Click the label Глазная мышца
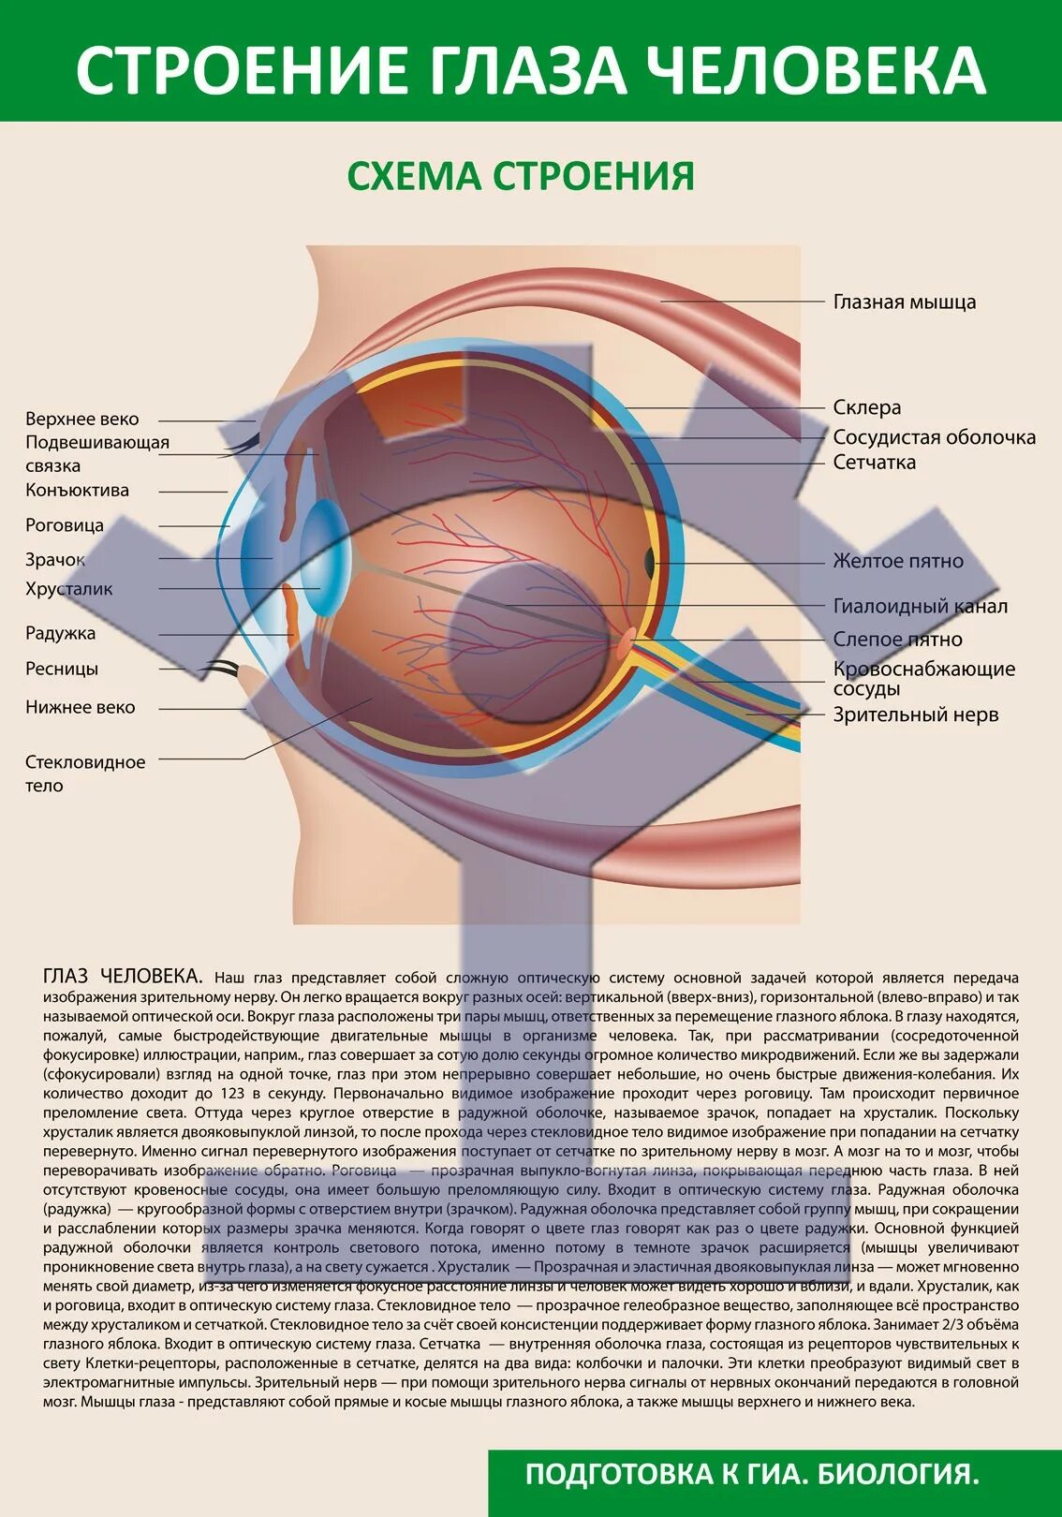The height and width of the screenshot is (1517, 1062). click(904, 302)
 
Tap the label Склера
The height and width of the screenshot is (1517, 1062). click(866, 407)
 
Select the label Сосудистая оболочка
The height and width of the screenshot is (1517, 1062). click(934, 437)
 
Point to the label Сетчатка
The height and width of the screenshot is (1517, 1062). click(874, 462)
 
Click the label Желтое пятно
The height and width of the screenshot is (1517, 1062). click(897, 561)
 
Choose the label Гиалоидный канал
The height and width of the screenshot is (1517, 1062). click(920, 606)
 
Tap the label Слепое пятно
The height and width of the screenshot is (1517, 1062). click(897, 640)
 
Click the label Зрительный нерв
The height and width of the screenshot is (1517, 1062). click(915, 714)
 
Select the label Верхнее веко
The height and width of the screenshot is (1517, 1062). click(81, 419)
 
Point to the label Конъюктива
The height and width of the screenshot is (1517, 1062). click(77, 490)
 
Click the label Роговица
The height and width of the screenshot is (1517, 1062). click(64, 525)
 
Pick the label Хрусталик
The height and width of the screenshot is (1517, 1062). click(68, 589)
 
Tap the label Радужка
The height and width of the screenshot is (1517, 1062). click(60, 633)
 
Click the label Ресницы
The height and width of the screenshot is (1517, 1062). click(61, 669)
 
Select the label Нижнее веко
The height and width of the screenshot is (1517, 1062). click(80, 707)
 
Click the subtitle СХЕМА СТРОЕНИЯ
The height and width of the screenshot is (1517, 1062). click(521, 176)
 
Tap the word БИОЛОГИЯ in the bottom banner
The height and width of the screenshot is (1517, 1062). click(898, 1475)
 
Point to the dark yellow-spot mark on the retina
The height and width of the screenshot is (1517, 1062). click(649, 562)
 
